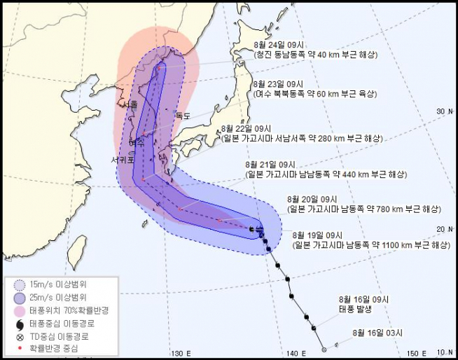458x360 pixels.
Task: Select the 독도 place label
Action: coord(183,116)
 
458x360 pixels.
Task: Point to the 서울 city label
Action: coord(130,104)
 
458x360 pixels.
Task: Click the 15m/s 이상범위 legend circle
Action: coord(20,284)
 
